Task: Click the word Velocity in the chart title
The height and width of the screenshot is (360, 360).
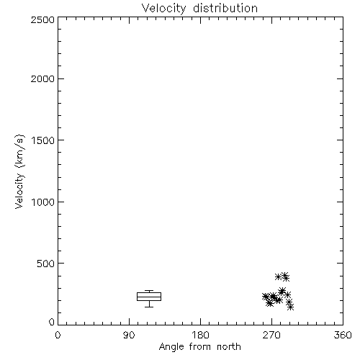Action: (x=164, y=9)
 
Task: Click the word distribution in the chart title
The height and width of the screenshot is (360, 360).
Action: (x=225, y=8)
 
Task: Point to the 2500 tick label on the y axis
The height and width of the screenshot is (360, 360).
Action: (x=42, y=19)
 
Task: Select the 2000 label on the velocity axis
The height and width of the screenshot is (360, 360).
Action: (x=42, y=78)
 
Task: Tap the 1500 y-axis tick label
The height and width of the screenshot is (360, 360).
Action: (x=43, y=140)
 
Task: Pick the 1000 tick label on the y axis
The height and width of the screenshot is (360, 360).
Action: (x=43, y=202)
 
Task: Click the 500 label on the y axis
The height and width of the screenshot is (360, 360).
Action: (x=46, y=264)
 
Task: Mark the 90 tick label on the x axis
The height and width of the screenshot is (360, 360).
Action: (x=129, y=335)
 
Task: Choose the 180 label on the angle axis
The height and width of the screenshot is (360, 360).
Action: (x=200, y=335)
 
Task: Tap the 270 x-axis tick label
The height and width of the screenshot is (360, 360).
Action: (x=271, y=335)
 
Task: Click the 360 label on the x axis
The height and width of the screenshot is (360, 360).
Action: (x=343, y=335)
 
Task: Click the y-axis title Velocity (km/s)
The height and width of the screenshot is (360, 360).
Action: (x=19, y=171)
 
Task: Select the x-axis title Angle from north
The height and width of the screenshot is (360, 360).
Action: (x=200, y=347)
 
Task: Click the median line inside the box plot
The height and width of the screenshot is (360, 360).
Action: (x=149, y=297)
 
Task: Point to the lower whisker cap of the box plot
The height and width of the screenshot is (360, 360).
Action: (x=149, y=307)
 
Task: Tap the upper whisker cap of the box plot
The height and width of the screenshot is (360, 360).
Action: (x=149, y=291)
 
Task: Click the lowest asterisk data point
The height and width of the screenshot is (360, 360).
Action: (x=290, y=307)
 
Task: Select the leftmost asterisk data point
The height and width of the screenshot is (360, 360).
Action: (x=265, y=297)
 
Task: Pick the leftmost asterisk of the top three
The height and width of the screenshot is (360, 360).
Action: (x=278, y=276)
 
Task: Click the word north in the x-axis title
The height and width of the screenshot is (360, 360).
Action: (x=229, y=346)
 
